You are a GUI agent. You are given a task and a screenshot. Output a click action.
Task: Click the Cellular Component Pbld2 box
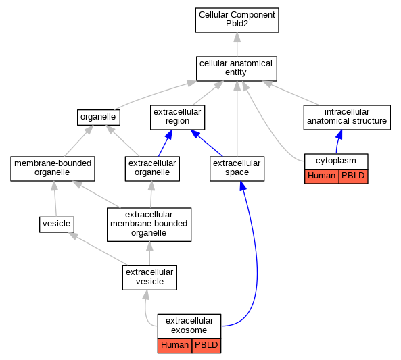point(237,20)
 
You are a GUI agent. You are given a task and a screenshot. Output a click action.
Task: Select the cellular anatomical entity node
point(236,69)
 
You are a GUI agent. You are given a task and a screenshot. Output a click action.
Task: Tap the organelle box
point(99,118)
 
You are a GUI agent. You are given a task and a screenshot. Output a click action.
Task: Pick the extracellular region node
point(177,118)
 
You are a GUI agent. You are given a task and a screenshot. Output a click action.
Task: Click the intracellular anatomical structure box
point(347,118)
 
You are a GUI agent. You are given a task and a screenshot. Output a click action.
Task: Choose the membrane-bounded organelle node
point(53,169)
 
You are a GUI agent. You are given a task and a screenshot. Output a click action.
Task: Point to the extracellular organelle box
point(152,169)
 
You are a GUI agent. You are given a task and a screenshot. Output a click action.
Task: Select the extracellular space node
point(237,169)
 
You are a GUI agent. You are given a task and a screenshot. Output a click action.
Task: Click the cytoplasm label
point(336,161)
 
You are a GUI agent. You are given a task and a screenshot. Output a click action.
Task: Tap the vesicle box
point(57,225)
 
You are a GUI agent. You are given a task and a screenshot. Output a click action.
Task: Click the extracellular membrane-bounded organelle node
point(149,225)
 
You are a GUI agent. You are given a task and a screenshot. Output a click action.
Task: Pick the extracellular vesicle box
point(149,278)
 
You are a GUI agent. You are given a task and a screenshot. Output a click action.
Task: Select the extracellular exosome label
point(189,326)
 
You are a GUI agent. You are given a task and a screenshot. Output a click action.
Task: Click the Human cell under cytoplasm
point(321,176)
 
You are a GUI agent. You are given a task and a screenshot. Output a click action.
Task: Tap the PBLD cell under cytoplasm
point(353,176)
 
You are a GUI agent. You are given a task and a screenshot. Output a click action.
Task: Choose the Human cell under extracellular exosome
point(174,346)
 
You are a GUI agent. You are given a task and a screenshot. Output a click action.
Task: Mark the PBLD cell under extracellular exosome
point(206,346)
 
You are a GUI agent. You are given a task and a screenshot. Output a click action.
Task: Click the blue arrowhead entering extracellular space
point(243,186)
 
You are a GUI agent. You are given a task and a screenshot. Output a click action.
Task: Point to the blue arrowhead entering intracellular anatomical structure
point(339,134)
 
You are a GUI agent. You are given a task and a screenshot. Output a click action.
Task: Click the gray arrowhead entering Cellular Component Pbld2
point(237,37)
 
